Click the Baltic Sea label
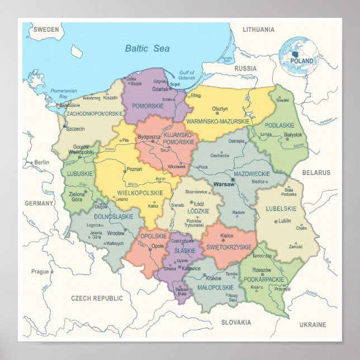146,49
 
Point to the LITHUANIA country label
259,29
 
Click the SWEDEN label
46,29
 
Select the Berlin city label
41,163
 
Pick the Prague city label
40,272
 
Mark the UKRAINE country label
312,324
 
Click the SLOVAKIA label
235,323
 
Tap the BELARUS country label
316,173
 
